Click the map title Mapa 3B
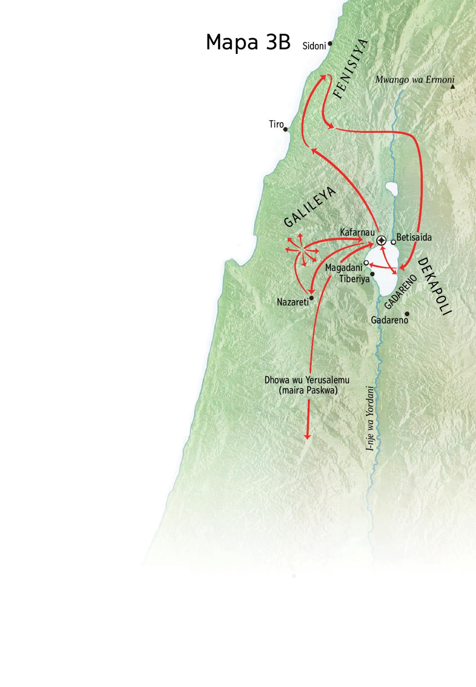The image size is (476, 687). click(x=248, y=42)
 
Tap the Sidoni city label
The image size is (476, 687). click(x=314, y=46)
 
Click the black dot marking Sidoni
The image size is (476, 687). click(x=330, y=44)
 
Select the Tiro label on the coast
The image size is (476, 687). click(x=276, y=124)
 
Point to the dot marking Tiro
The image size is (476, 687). click(x=286, y=129)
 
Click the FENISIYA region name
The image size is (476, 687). click(x=351, y=69)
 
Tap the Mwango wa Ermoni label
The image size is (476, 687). click(x=415, y=80)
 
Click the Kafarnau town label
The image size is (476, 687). click(x=357, y=232)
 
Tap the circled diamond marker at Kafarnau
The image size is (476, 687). click(x=381, y=240)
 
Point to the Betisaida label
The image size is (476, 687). click(x=414, y=238)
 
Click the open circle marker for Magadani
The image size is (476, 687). click(x=367, y=263)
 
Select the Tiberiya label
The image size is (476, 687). click(x=354, y=279)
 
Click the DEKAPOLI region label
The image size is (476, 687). click(x=435, y=286)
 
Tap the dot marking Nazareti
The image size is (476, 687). click(x=312, y=298)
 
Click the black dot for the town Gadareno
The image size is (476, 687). click(x=407, y=314)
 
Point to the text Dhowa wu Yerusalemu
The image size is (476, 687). click(x=307, y=380)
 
